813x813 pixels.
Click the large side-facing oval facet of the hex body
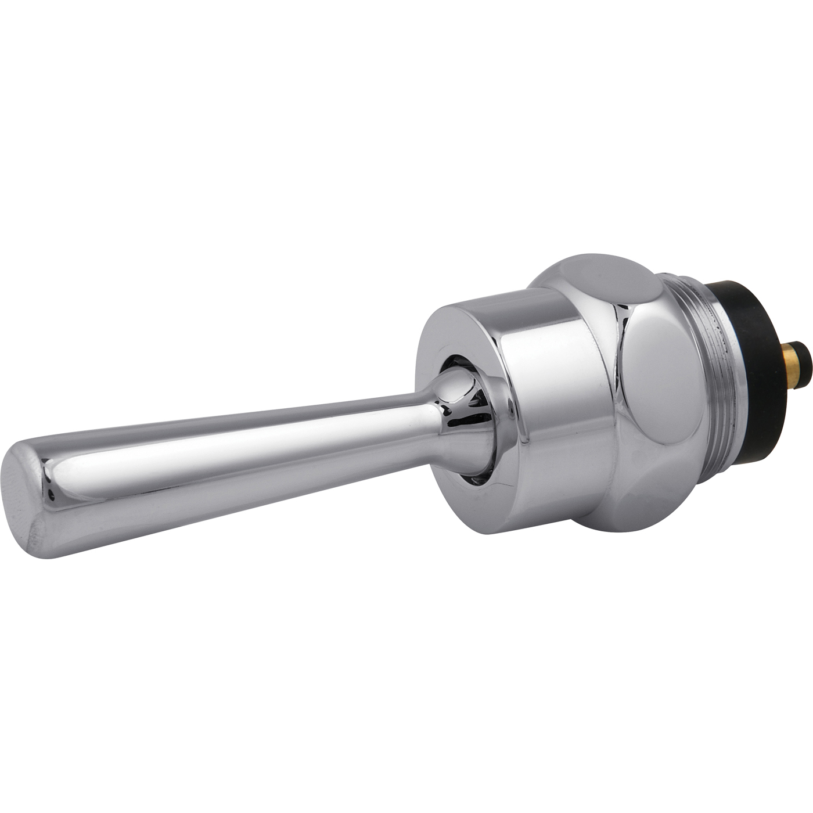668,377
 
